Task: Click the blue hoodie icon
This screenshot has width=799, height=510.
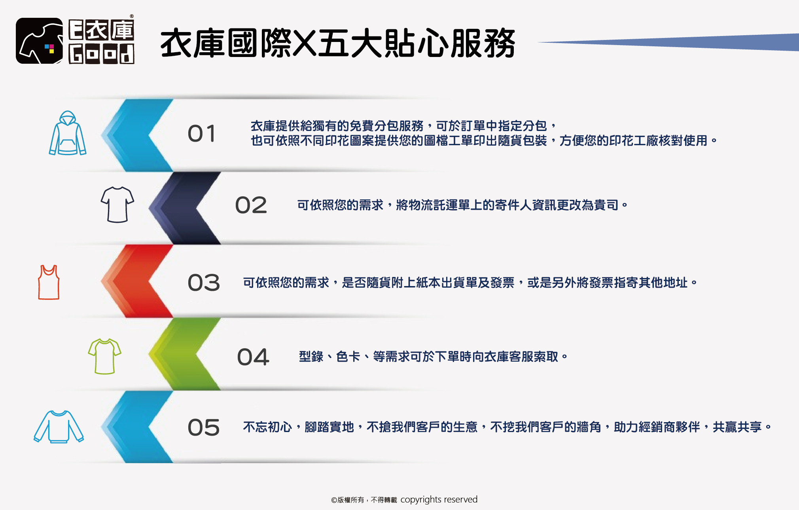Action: click(68, 133)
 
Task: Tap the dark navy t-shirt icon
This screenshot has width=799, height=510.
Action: click(117, 205)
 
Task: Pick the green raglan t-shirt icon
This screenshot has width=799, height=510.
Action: click(104, 356)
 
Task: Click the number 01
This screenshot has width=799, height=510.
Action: click(202, 134)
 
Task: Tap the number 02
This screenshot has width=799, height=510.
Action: click(251, 205)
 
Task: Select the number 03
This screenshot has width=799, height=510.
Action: click(203, 283)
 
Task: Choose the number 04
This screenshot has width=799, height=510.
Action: click(253, 357)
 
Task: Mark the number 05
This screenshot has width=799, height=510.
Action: click(203, 428)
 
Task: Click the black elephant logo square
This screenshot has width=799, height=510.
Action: click(39, 41)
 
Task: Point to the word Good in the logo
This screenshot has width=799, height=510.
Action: click(102, 54)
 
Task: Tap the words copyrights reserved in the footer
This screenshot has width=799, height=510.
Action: click(439, 500)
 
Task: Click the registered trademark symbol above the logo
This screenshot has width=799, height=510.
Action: click(132, 16)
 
